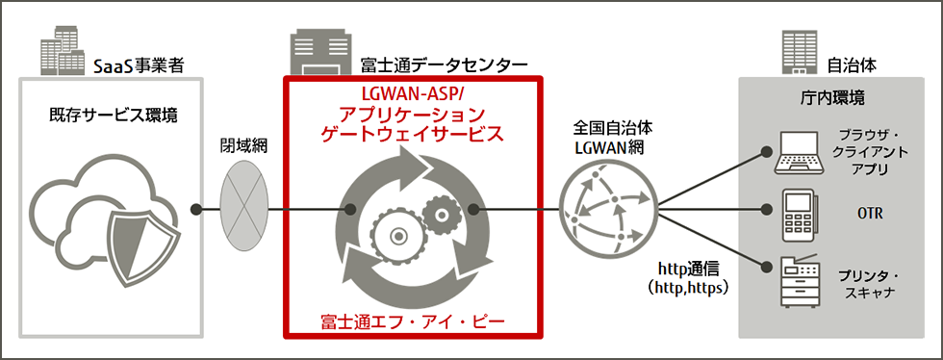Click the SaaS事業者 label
click(x=139, y=66)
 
